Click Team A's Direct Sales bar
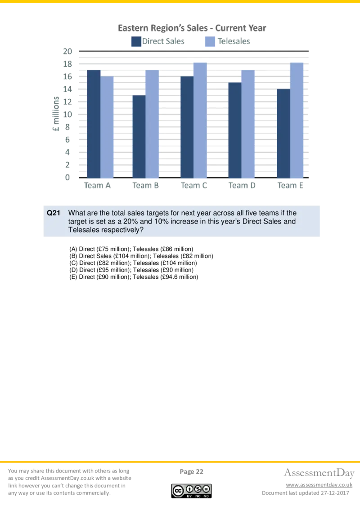[93, 124]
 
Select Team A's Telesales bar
[107, 127]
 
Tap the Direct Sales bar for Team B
[139, 136]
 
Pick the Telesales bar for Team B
[152, 124]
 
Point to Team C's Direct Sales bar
[187, 127]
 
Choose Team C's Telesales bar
[200, 120]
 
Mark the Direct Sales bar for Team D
[234, 130]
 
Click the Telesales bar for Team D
[248, 124]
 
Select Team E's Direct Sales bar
[283, 133]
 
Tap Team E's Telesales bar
[297, 120]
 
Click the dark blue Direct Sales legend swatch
[135, 42]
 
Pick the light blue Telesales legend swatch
[210, 42]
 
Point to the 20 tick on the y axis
[67, 52]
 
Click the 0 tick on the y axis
[68, 178]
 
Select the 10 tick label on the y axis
[67, 115]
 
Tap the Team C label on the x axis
[194, 186]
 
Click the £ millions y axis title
[56, 114]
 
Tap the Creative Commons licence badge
[190, 490]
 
